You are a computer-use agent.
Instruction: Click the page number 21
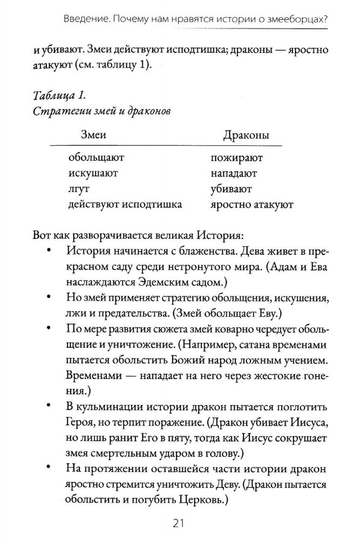(x=180, y=523)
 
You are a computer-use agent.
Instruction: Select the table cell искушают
(x=93, y=174)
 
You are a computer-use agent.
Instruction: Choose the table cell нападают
(x=234, y=174)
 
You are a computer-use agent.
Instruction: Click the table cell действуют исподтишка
(x=125, y=205)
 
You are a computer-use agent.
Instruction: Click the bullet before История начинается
(x=50, y=252)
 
